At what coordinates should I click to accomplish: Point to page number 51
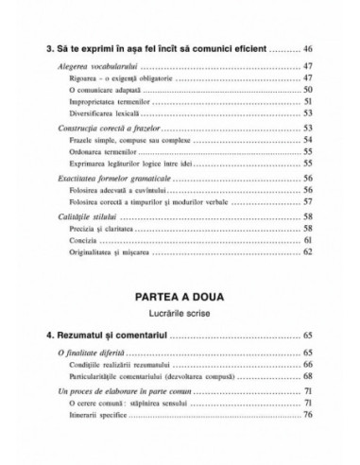click(308, 101)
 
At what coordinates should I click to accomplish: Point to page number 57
click(308, 200)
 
